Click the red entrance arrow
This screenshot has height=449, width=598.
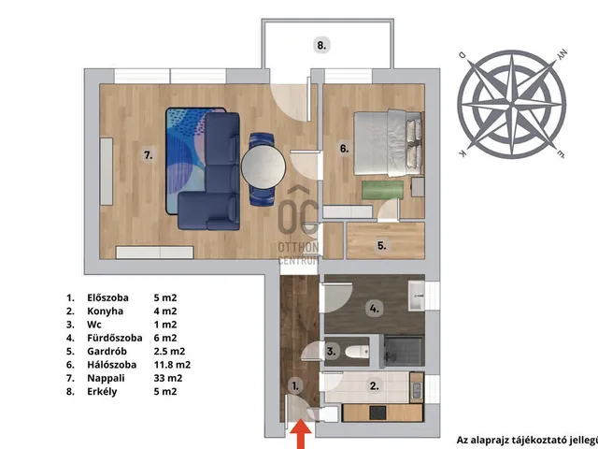coord(301,434)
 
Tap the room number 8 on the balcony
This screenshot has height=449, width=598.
coord(321,46)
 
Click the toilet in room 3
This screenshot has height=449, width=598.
coord(358,352)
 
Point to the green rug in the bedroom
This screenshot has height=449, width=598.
coord(382,190)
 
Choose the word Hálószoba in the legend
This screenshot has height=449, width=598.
coord(112,365)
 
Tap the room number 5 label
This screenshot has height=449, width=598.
coord(382,245)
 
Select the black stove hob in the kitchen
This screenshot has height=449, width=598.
coord(377,413)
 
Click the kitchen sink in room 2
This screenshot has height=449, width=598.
coord(417,388)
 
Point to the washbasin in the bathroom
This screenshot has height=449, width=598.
coord(417,296)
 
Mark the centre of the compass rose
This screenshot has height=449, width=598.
coord(511,104)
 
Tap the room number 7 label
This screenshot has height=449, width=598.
coord(149,155)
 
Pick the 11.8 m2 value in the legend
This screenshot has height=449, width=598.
coord(172,365)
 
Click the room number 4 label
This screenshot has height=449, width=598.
coord(374,309)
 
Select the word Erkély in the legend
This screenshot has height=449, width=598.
coord(102,391)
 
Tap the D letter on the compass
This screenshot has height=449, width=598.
coord(463,55)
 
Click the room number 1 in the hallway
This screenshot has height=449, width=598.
coord(295,386)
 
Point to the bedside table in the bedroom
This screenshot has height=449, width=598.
coord(418,187)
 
